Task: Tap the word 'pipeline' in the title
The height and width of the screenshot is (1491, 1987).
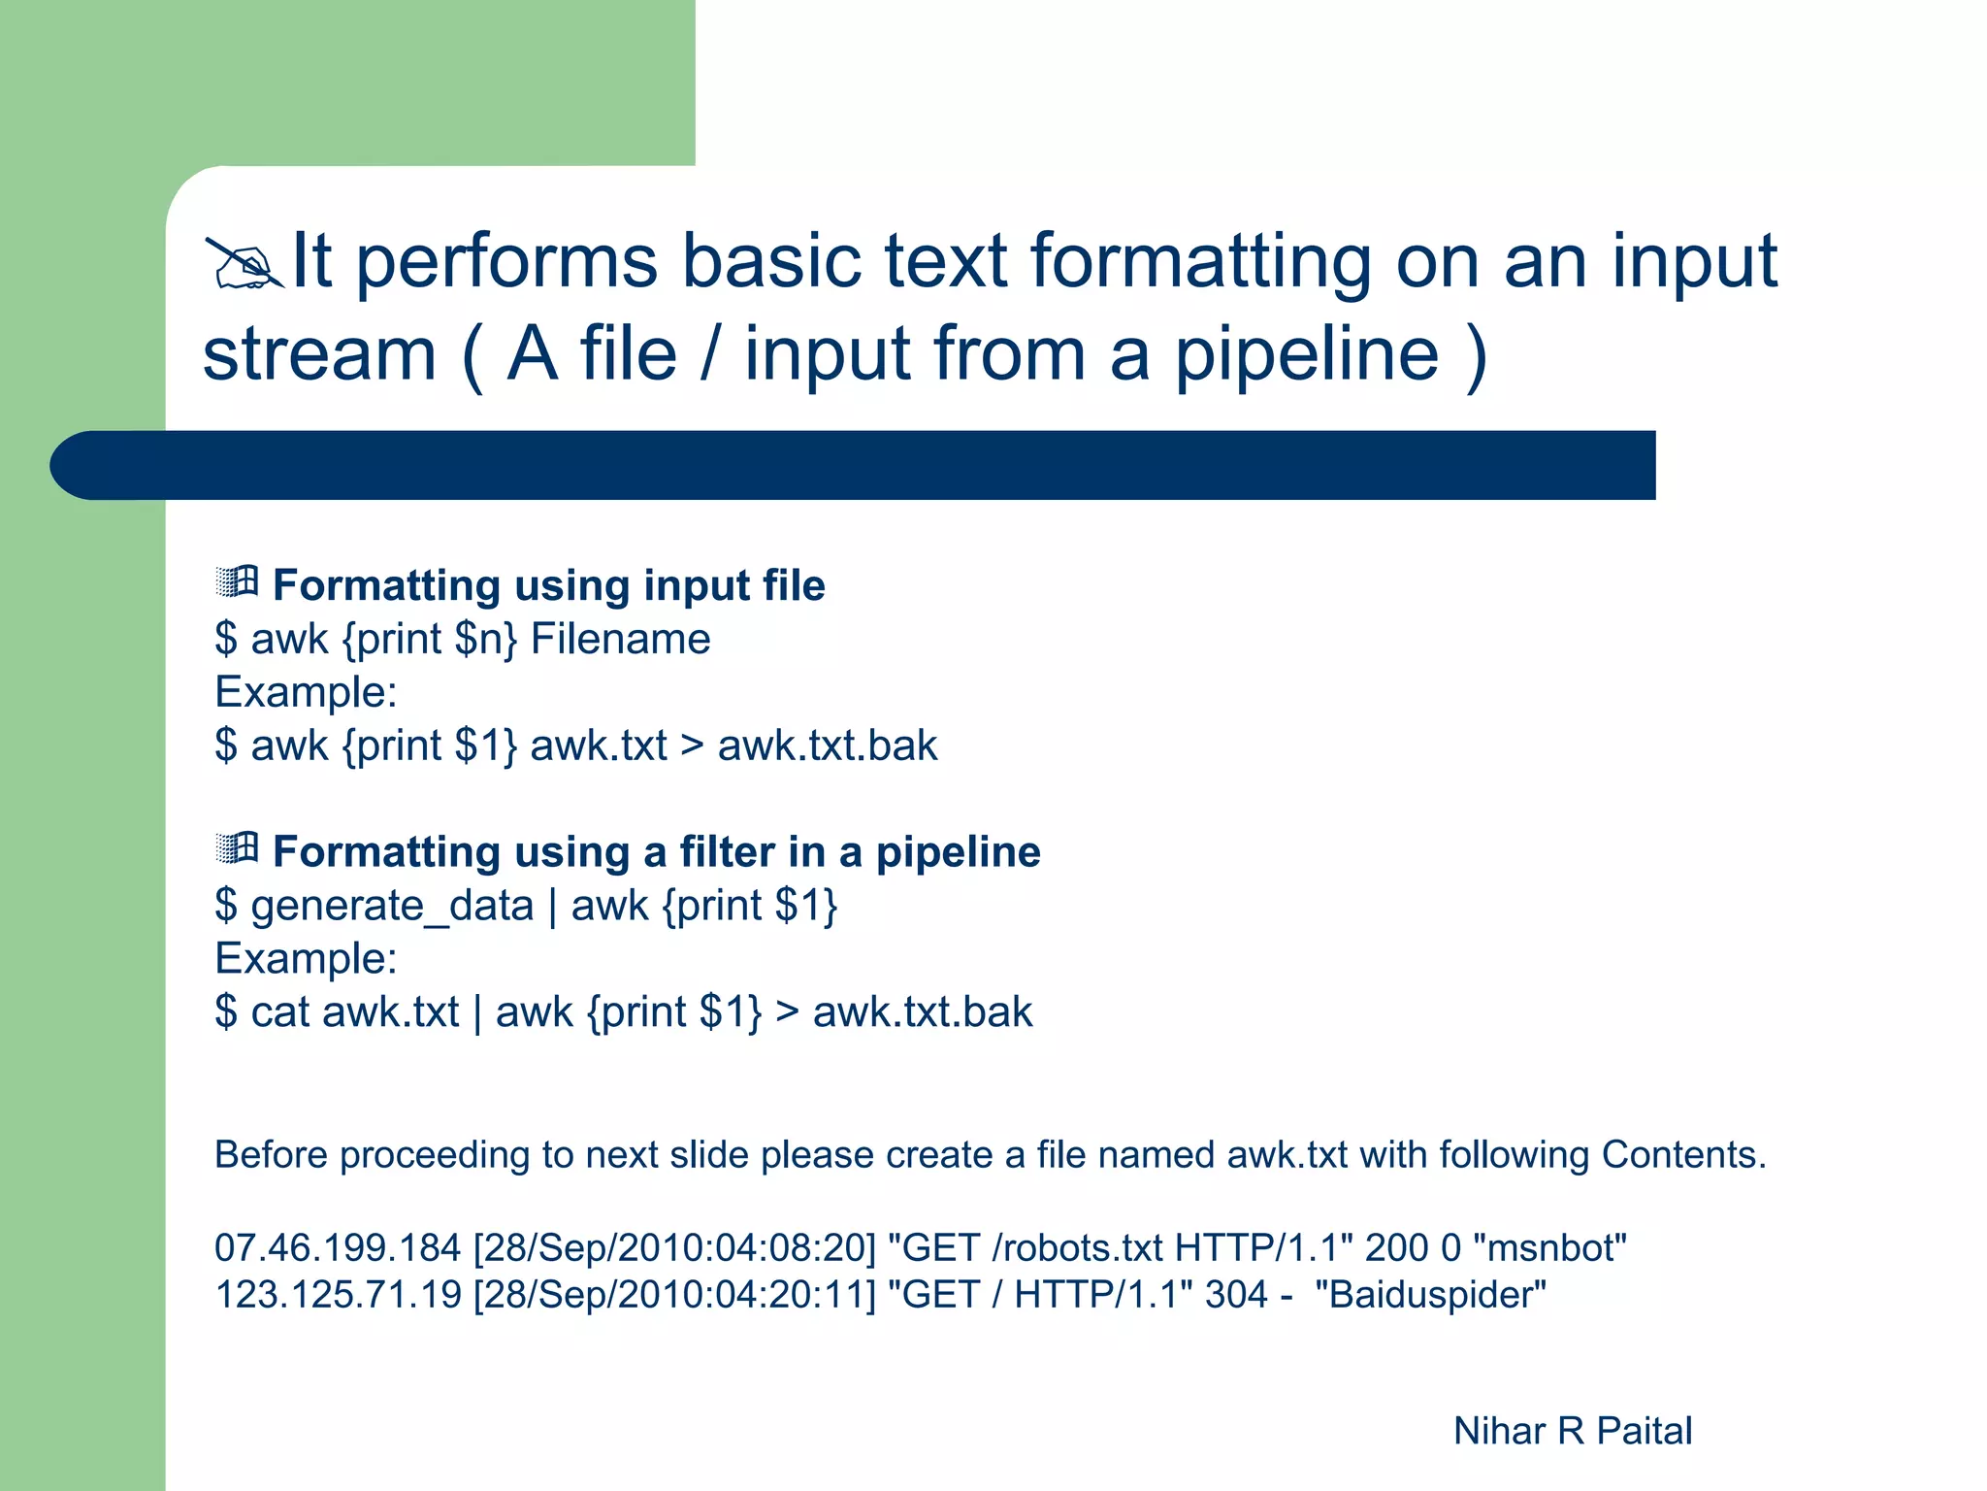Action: tap(1307, 355)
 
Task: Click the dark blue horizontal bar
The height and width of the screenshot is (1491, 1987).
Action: tap(854, 465)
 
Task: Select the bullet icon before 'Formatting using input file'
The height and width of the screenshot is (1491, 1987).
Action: tap(237, 581)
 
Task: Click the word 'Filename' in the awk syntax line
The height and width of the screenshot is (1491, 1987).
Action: tap(620, 640)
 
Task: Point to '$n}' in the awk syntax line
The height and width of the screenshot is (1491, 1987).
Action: tap(485, 640)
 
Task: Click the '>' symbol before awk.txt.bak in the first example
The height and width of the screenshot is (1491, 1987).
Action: tap(692, 746)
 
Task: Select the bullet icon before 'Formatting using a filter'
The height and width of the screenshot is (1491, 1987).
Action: tap(237, 847)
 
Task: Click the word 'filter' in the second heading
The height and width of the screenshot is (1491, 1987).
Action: tap(726, 851)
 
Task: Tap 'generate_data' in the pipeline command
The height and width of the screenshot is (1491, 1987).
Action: tap(392, 906)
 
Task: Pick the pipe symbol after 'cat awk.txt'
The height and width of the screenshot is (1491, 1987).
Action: tap(477, 1012)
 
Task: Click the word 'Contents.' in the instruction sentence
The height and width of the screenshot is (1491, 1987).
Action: tap(1683, 1155)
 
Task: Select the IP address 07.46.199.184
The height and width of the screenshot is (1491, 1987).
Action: tap(337, 1248)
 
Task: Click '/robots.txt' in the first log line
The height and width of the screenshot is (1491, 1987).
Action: tap(1077, 1248)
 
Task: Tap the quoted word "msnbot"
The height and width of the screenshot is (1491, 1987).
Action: tap(1548, 1248)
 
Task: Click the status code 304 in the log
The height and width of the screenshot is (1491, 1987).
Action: tap(1236, 1295)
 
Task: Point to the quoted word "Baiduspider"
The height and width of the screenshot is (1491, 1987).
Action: tap(1430, 1295)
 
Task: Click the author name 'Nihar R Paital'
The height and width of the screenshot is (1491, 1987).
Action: tap(1572, 1431)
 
